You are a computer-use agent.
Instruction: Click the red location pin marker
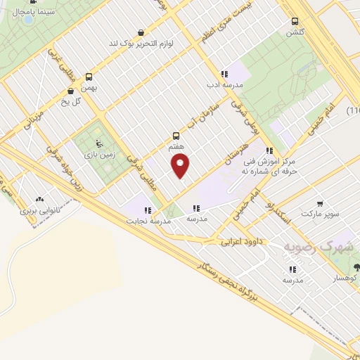(181, 166)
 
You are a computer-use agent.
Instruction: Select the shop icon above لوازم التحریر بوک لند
(141, 32)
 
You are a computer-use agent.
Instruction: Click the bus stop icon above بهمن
(89, 77)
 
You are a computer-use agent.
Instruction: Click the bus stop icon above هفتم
(176, 136)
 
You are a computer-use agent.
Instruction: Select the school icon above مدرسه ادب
(224, 74)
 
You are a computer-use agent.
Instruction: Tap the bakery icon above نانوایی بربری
(38, 200)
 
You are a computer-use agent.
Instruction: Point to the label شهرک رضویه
(317, 247)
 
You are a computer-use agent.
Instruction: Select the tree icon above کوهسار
(357, 267)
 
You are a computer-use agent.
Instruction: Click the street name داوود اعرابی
(241, 241)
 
